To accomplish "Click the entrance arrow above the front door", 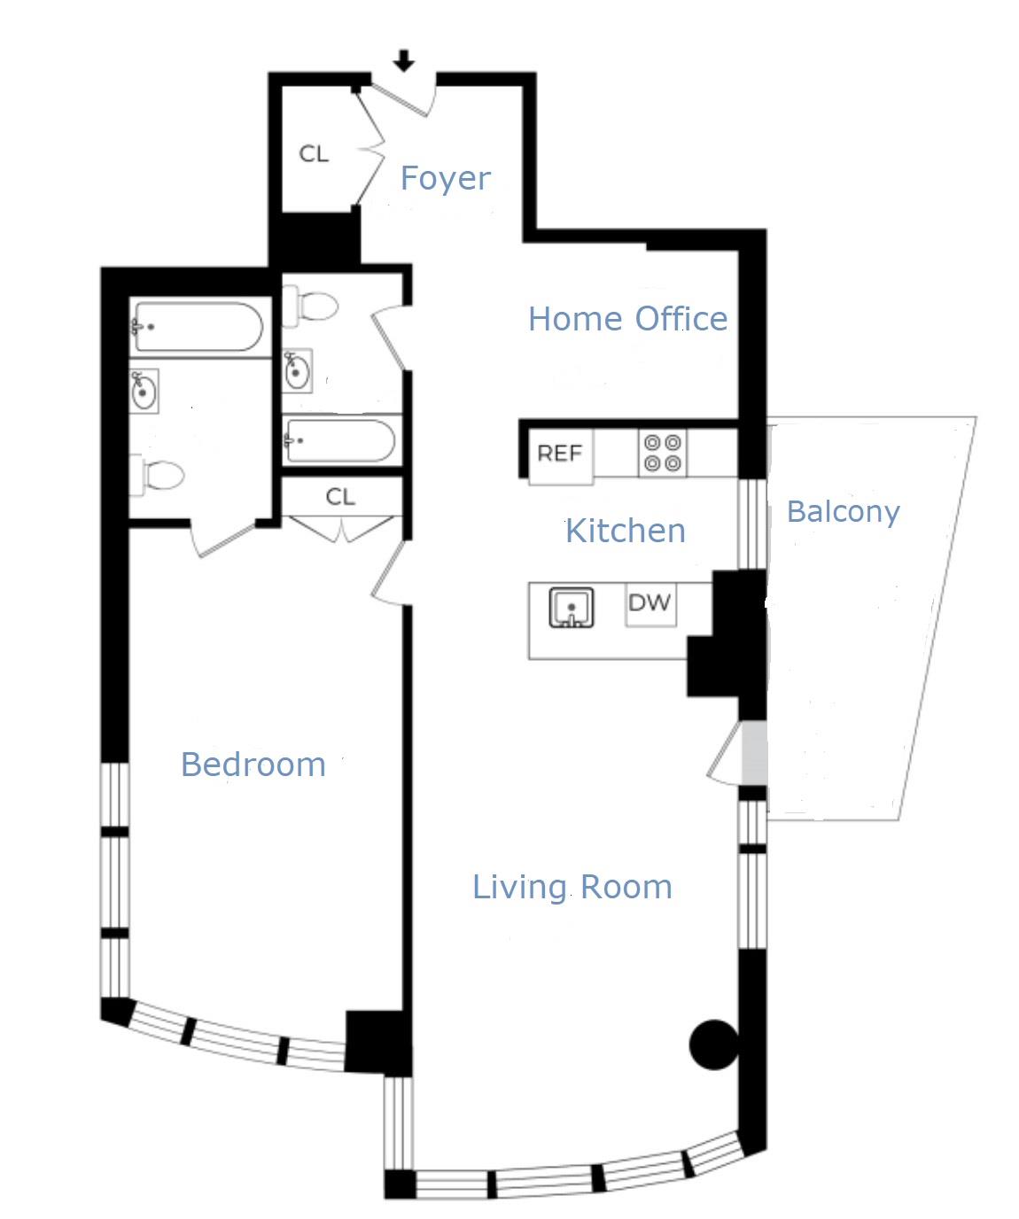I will [x=404, y=61].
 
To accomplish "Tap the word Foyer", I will [x=445, y=178].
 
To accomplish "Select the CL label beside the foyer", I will [x=314, y=154].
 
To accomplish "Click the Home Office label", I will [x=627, y=319].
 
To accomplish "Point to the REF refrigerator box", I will [x=560, y=454].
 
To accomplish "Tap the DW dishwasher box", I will [x=650, y=604].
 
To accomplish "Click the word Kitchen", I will [x=625, y=531].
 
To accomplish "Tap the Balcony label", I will [x=843, y=511].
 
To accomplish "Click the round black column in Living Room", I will [x=713, y=1044].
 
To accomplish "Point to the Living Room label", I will [x=572, y=887].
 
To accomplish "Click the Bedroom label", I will [x=253, y=765].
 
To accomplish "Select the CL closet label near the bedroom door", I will [x=340, y=497].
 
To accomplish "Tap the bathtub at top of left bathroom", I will [x=197, y=328].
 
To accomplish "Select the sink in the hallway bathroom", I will [x=297, y=370].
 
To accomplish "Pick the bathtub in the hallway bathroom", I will [x=339, y=440].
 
